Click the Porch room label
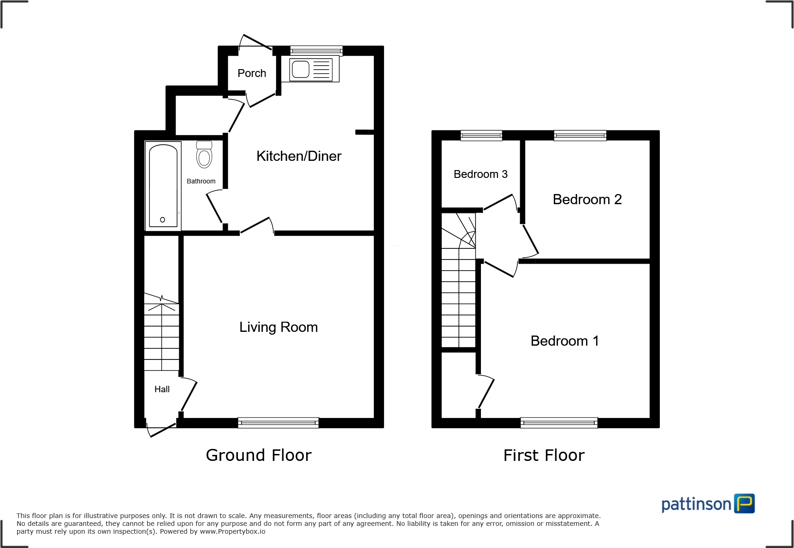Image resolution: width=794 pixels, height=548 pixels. [252, 73]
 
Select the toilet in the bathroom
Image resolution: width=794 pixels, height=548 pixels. [204, 155]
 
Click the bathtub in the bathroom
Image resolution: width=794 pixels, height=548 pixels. [163, 186]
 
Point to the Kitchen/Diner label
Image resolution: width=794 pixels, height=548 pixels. [299, 156]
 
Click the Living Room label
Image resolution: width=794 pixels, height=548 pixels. [278, 327]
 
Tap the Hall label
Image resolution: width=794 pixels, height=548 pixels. [162, 389]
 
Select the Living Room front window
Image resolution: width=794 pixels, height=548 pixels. [278, 423]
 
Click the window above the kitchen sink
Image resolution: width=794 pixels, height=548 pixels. [316, 50]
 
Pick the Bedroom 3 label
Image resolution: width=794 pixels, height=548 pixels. [480, 174]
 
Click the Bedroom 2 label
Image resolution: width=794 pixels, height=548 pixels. [587, 200]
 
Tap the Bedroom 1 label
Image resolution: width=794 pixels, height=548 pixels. [564, 341]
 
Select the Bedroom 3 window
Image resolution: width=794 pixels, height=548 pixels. [481, 135]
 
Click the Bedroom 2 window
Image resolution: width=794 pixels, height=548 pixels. [580, 135]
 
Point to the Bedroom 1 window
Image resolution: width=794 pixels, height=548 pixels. [559, 423]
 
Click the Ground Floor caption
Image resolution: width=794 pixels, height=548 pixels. [259, 455]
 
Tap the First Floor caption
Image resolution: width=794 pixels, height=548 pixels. [544, 455]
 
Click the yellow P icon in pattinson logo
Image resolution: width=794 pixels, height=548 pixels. [744, 503]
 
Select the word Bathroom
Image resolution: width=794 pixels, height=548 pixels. [201, 181]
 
